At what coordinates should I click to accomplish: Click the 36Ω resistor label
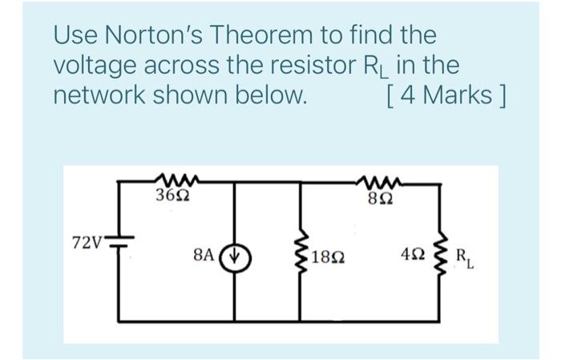(172, 195)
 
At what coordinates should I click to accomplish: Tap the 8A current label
(204, 257)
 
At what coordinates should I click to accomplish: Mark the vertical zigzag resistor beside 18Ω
(302, 257)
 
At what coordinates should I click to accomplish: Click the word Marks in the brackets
(458, 95)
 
